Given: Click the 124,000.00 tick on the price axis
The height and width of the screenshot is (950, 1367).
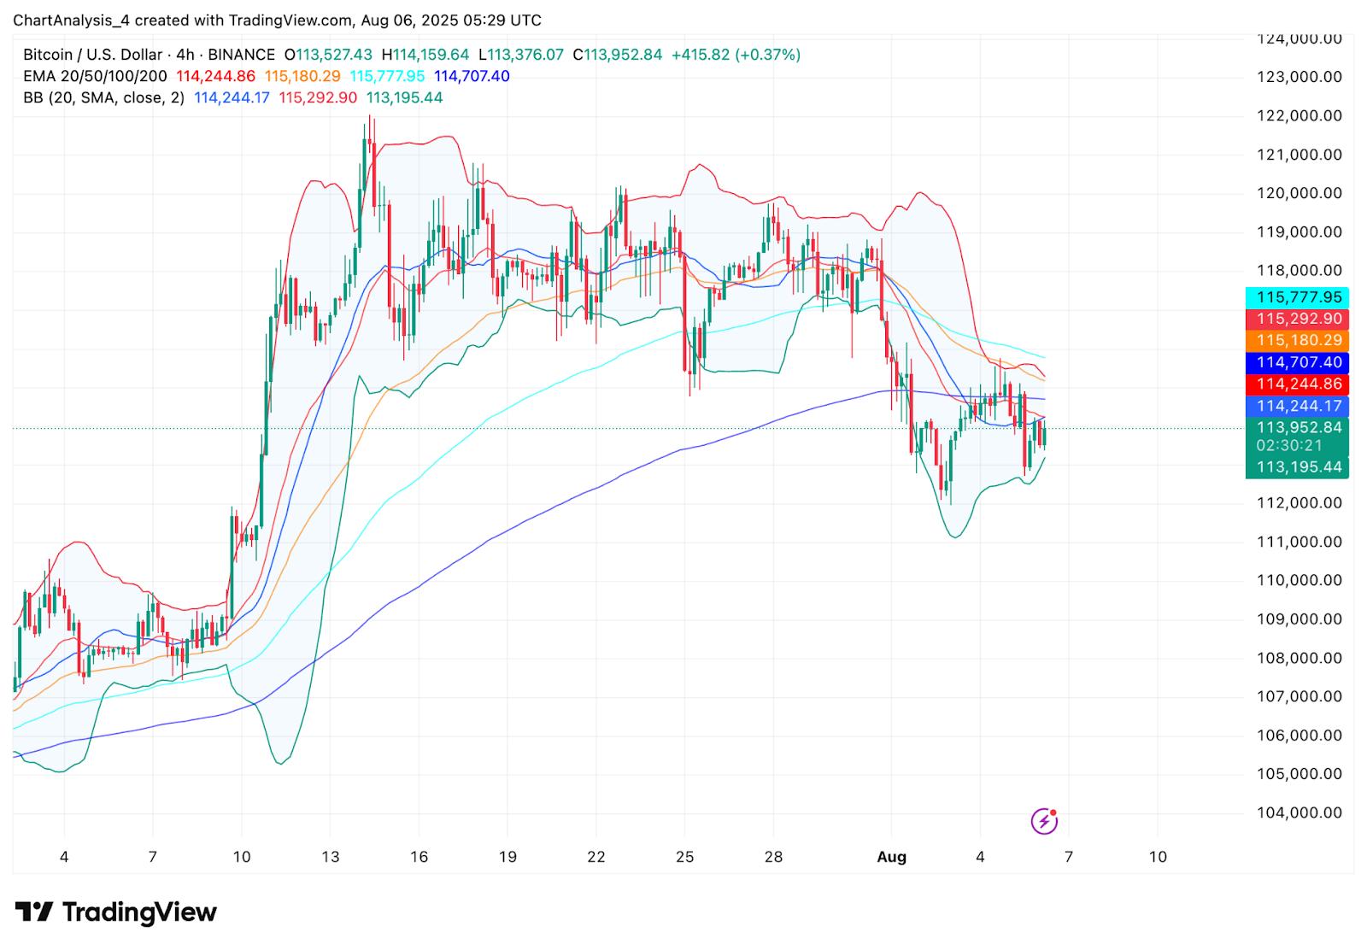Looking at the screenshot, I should (x=1300, y=38).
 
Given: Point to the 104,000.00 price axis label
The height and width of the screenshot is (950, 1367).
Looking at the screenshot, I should (x=1300, y=812).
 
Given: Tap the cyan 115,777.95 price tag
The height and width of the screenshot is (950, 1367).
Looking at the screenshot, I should (x=1296, y=297).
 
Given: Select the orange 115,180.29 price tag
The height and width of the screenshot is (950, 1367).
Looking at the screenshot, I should (x=1296, y=341).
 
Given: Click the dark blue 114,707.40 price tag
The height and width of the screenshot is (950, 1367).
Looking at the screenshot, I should (x=1296, y=362).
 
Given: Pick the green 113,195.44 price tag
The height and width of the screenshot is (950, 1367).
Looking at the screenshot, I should (x=1296, y=467).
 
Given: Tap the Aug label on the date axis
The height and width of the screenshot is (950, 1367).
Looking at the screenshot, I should (x=891, y=857).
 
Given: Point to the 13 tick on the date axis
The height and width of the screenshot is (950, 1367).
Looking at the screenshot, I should (x=330, y=857).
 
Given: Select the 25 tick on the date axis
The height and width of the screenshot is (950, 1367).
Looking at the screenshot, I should (x=684, y=857).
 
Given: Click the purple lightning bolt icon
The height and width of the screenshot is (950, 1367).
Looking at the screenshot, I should (x=1044, y=821).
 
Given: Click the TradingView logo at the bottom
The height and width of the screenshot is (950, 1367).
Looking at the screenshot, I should (x=116, y=912).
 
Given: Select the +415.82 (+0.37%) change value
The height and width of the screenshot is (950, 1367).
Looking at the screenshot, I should (x=736, y=55).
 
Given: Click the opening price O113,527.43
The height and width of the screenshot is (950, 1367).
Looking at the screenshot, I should (x=328, y=55).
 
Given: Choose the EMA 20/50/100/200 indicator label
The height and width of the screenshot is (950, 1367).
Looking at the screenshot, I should (x=95, y=76).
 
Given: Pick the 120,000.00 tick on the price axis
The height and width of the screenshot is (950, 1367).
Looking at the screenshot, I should (x=1300, y=193).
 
